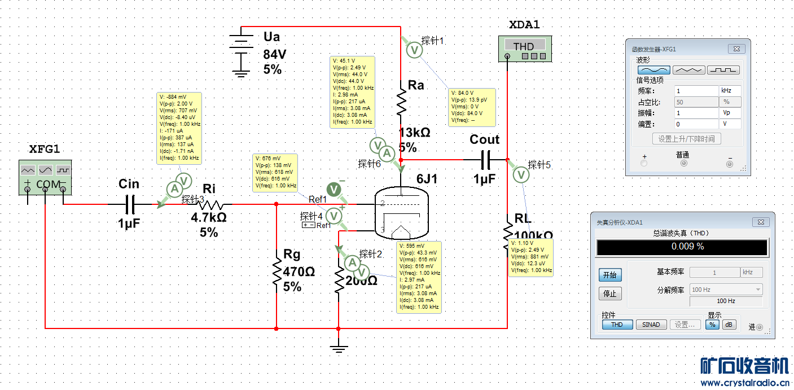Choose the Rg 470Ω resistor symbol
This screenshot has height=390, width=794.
(277, 271)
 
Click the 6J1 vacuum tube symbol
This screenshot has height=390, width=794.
(401, 214)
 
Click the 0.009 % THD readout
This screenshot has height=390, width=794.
(682, 247)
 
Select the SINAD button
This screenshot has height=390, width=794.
(651, 325)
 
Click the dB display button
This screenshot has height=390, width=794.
(729, 325)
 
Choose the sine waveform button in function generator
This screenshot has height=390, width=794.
(654, 69)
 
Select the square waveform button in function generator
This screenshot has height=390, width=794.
(723, 69)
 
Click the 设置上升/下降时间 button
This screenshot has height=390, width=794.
(686, 139)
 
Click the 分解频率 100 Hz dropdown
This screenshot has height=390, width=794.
(726, 290)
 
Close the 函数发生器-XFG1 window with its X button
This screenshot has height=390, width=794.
(736, 49)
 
